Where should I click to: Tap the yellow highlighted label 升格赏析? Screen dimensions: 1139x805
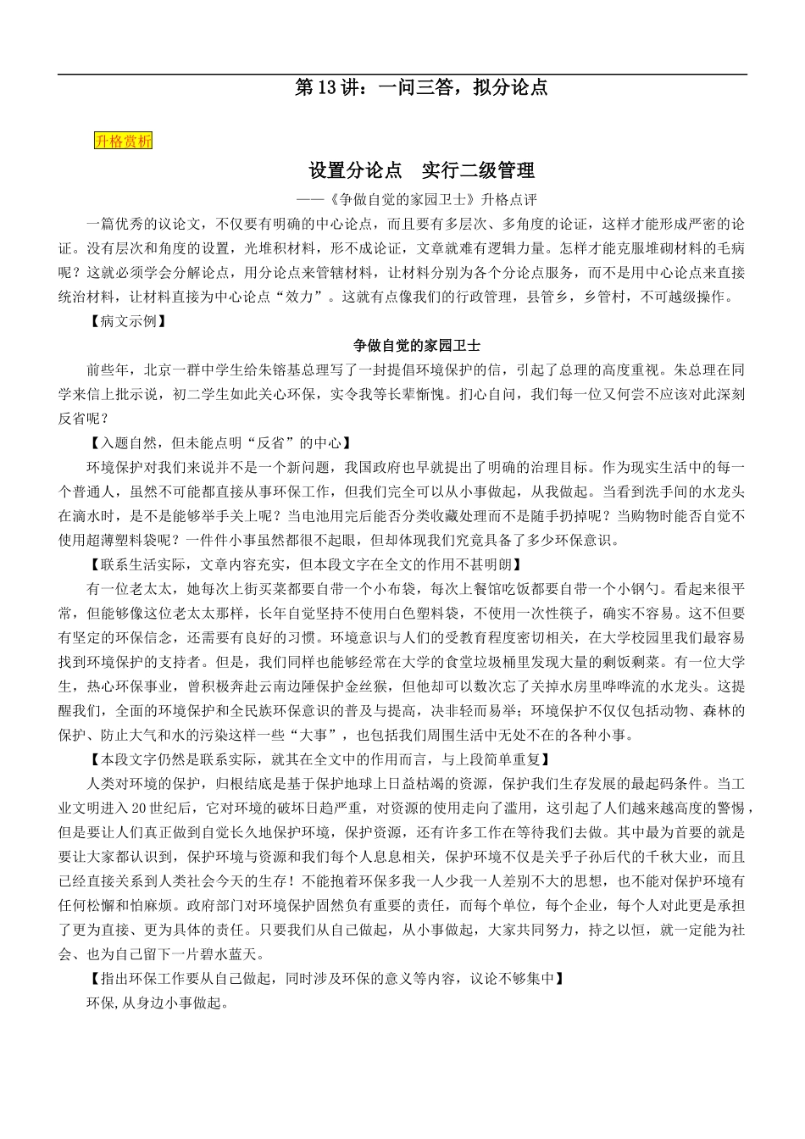click(123, 142)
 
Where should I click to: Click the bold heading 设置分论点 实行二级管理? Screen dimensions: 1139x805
click(422, 170)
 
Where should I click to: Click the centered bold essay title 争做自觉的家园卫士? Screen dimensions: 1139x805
click(417, 346)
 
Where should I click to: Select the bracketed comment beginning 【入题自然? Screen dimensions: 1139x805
click(219, 443)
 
